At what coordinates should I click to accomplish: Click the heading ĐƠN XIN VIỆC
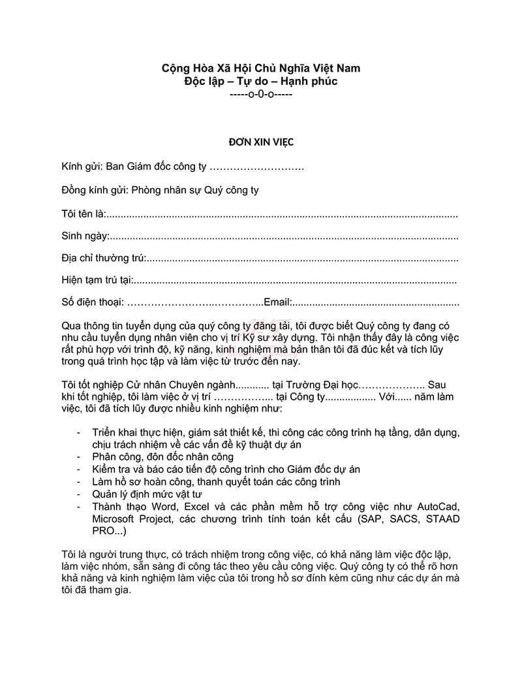(261, 140)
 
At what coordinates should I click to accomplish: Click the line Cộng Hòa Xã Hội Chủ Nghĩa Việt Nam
(261, 68)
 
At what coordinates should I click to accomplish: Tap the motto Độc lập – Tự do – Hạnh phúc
(261, 81)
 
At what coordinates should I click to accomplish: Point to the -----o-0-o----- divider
(261, 94)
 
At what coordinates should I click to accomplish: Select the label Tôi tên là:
(83, 214)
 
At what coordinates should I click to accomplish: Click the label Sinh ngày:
(85, 236)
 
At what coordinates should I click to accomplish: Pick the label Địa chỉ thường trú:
(104, 258)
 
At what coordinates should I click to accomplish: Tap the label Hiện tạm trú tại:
(97, 280)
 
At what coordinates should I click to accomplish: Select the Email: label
(277, 303)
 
